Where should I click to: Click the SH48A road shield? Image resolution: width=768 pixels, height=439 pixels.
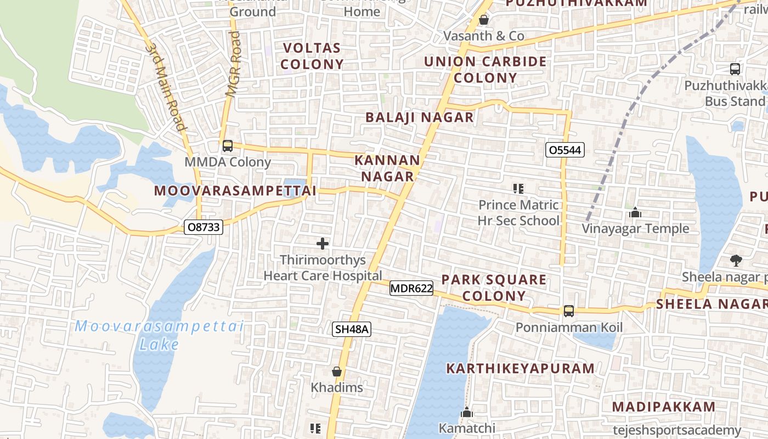pyautogui.click(x=352, y=329)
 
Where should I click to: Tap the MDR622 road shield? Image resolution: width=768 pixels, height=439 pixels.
pyautogui.click(x=411, y=288)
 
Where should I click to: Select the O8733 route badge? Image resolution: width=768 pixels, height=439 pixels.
pyautogui.click(x=204, y=227)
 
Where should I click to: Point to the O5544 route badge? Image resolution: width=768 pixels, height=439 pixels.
pyautogui.click(x=565, y=150)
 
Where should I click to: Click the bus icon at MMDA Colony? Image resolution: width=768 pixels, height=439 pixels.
pyautogui.click(x=227, y=146)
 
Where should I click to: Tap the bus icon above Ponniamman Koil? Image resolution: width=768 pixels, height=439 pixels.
pyautogui.click(x=569, y=311)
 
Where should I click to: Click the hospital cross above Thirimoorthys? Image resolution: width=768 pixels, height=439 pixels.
pyautogui.click(x=323, y=244)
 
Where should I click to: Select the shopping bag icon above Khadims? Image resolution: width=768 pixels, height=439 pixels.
pyautogui.click(x=337, y=372)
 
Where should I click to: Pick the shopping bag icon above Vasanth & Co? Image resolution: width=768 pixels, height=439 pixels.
pyautogui.click(x=484, y=20)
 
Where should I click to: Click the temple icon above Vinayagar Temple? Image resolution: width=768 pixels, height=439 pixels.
pyautogui.click(x=635, y=212)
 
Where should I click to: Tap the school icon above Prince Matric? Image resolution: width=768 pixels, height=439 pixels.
pyautogui.click(x=518, y=189)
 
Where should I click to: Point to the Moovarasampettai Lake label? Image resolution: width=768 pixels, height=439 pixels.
pyautogui.click(x=159, y=335)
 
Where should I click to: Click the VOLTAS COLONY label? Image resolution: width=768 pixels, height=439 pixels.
pyautogui.click(x=312, y=56)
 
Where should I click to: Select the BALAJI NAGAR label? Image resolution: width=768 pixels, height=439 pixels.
pyautogui.click(x=419, y=117)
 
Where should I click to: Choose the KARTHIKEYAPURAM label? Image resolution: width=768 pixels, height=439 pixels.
pyautogui.click(x=520, y=368)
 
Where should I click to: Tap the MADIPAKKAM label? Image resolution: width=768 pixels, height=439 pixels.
pyautogui.click(x=664, y=407)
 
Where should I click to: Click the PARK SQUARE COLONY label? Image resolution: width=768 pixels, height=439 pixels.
pyautogui.click(x=494, y=288)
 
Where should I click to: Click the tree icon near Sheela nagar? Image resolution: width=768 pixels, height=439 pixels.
pyautogui.click(x=736, y=261)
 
